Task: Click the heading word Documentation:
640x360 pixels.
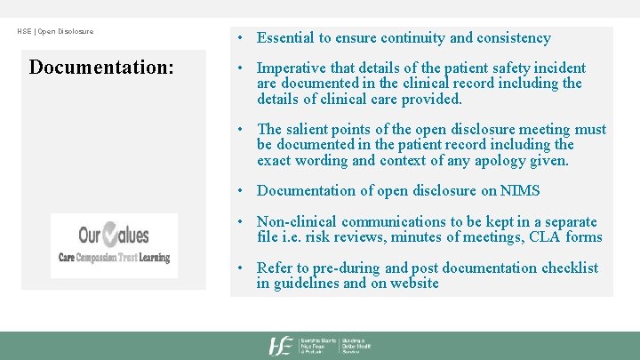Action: pyautogui.click(x=101, y=68)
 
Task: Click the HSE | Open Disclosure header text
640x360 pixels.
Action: pyautogui.click(x=55, y=32)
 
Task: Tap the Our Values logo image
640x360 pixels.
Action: pyautogui.click(x=114, y=245)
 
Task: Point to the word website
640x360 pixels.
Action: pyautogui.click(x=412, y=284)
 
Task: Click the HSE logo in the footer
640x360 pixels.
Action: pyautogui.click(x=282, y=346)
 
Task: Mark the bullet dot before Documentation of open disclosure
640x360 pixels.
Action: pyautogui.click(x=242, y=190)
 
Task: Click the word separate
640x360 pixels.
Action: pyautogui.click(x=565, y=221)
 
